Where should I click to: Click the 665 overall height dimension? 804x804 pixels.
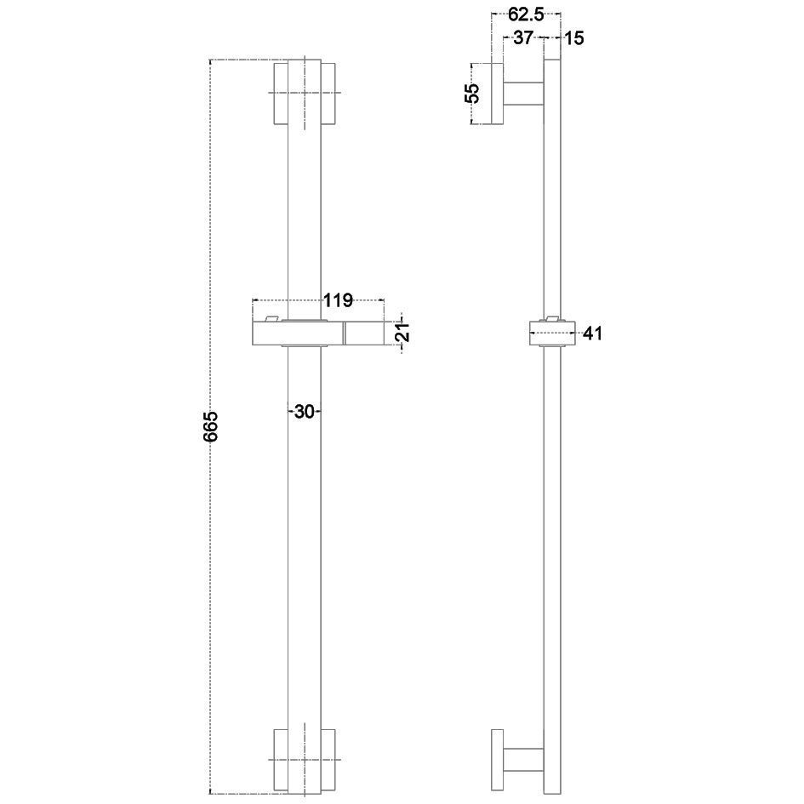click(x=211, y=425)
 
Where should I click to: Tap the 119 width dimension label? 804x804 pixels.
click(x=339, y=300)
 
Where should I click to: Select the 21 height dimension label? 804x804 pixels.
click(x=404, y=333)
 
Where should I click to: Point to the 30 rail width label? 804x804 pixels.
click(x=304, y=411)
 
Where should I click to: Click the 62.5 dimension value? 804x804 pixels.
click(x=526, y=14)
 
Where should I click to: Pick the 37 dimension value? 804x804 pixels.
click(x=522, y=37)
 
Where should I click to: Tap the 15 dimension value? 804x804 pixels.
click(x=574, y=38)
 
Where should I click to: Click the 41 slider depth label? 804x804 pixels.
click(x=592, y=334)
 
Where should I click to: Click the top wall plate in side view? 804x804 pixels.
click(x=497, y=94)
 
